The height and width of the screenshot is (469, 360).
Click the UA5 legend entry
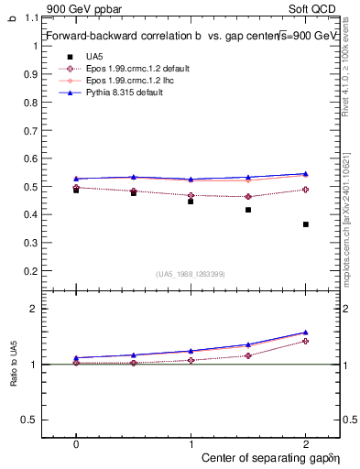92,57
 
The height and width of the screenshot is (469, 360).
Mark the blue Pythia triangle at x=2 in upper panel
305,173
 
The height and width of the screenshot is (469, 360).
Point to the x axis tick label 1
191,442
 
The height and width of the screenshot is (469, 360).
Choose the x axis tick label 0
76,442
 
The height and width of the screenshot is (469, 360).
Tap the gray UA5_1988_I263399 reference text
191,274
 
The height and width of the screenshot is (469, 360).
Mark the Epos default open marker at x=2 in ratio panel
305,341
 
